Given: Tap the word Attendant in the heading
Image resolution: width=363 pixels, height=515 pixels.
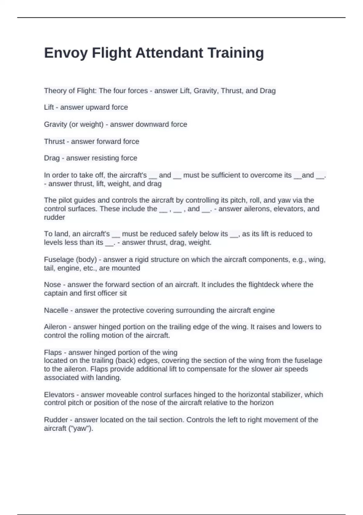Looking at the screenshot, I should pyautogui.click(x=169, y=53).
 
